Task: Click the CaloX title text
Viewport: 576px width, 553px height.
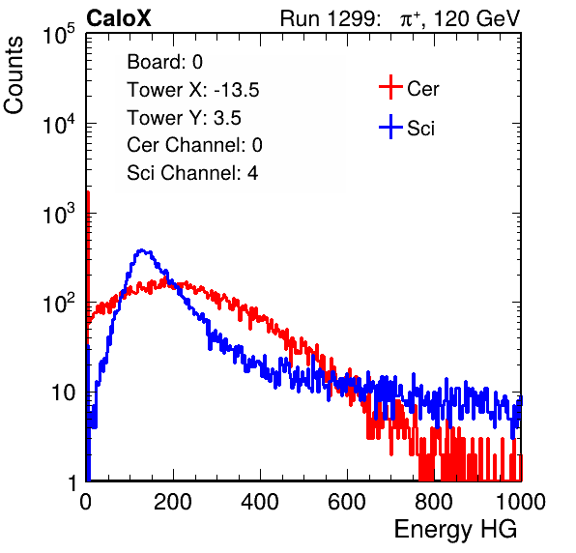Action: click(119, 18)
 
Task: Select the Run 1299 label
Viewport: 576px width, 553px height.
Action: click(330, 18)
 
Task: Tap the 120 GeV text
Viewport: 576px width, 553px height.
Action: click(477, 18)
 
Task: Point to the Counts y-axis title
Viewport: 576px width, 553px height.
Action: click(14, 75)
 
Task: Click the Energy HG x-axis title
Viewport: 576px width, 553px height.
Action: click(455, 530)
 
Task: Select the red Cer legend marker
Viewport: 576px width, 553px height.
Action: click(390, 87)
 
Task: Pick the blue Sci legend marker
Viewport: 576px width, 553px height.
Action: click(390, 127)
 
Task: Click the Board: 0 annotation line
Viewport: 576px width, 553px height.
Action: click(164, 62)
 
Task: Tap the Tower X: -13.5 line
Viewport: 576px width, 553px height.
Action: click(193, 90)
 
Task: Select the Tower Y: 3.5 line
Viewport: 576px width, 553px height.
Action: click(184, 118)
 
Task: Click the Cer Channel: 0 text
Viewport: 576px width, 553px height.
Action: click(194, 145)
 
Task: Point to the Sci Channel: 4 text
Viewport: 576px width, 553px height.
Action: click(192, 173)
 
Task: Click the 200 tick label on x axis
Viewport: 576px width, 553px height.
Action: click(173, 502)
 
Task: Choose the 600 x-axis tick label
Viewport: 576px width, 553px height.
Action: click(347, 502)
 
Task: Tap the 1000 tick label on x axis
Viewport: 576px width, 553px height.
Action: click(521, 502)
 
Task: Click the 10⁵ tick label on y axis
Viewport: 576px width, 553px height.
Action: click(59, 34)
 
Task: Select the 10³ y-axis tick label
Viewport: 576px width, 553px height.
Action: click(59, 213)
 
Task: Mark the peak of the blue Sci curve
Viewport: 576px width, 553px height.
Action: click(142, 250)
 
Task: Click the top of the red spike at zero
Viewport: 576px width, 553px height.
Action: click(87, 191)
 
